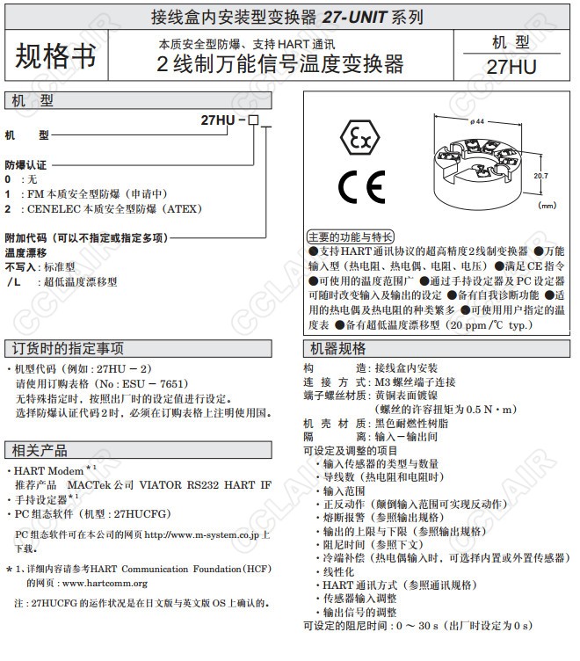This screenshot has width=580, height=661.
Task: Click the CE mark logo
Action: (361, 187)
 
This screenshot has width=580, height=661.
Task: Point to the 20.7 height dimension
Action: (540, 176)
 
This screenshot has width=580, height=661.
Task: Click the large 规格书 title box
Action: (55, 56)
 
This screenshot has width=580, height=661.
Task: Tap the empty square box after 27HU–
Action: (253, 120)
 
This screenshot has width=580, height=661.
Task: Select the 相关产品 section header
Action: (40, 450)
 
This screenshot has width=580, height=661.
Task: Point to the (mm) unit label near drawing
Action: (547, 205)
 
